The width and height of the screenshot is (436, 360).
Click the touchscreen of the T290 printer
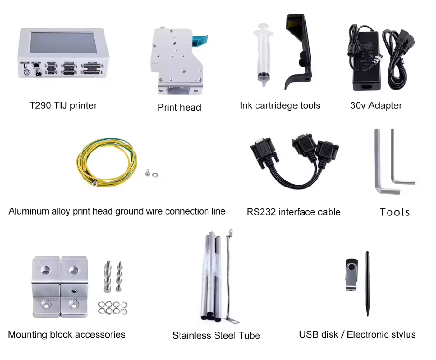click(63, 43)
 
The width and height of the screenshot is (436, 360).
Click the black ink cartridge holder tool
click(298, 52)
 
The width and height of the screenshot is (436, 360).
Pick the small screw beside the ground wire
click(148, 173)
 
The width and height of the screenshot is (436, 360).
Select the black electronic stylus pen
click(367, 284)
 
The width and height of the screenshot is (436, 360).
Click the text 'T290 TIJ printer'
click(63, 106)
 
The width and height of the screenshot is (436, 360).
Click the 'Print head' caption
click(179, 107)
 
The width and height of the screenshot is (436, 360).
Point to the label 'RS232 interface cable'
click(293, 212)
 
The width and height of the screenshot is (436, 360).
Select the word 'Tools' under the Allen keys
click(395, 212)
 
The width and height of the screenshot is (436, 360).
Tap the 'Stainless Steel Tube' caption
click(216, 336)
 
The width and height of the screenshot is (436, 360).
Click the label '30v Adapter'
click(376, 106)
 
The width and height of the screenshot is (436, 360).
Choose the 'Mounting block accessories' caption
click(67, 334)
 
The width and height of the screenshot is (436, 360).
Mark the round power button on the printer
click(27, 73)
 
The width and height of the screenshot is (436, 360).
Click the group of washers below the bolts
click(113, 308)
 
